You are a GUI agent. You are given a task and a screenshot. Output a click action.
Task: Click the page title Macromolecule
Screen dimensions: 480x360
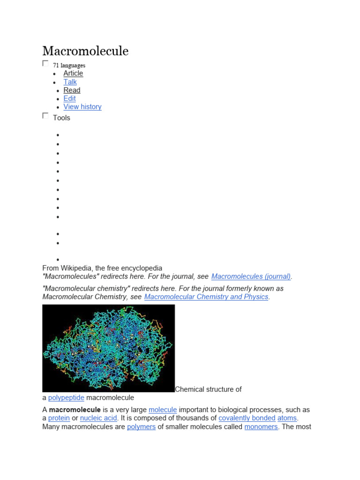(x=85, y=51)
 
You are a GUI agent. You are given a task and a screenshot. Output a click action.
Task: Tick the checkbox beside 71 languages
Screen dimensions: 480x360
(x=45, y=63)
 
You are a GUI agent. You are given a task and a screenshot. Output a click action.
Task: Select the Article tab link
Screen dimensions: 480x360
(x=73, y=73)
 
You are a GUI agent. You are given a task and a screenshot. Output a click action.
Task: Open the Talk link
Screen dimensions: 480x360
(x=70, y=82)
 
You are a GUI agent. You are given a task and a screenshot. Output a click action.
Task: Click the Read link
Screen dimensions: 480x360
(x=72, y=90)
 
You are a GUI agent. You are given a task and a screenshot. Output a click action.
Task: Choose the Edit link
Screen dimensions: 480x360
(x=69, y=98)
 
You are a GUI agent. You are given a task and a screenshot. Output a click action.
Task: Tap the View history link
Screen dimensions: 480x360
(x=82, y=107)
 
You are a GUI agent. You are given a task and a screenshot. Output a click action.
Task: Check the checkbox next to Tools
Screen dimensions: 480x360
(x=45, y=116)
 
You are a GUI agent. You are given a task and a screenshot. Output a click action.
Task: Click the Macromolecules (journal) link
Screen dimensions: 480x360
(x=251, y=277)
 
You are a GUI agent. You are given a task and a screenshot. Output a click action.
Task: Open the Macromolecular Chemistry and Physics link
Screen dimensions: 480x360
(x=206, y=297)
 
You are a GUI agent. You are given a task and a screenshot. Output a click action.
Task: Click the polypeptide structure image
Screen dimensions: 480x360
(x=108, y=348)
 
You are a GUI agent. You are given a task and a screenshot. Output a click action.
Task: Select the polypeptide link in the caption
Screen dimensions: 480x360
(x=66, y=397)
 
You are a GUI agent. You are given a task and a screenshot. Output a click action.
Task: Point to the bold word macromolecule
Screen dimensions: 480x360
(x=75, y=410)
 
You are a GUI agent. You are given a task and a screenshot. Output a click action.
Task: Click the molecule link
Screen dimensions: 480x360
(x=163, y=410)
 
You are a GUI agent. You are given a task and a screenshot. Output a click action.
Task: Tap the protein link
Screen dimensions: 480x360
(x=59, y=418)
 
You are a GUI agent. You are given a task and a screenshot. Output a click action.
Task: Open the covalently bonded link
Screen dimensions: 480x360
(x=247, y=418)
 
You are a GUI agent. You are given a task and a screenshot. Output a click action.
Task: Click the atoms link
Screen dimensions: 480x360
(x=287, y=418)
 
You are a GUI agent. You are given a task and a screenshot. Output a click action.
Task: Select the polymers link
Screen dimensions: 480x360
(x=141, y=427)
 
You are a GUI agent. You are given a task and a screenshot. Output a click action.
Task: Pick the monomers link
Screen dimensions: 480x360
(x=261, y=427)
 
